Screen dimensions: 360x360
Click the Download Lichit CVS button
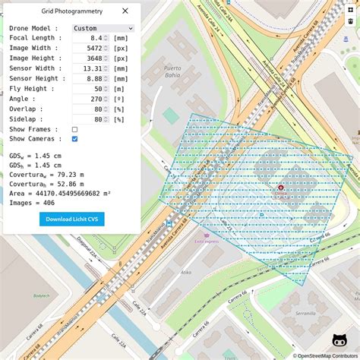(72, 219)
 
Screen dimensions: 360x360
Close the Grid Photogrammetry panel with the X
(125, 11)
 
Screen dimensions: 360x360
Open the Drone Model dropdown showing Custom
(103, 28)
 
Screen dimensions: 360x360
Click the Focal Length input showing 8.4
(90, 37)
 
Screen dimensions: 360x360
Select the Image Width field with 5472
(90, 48)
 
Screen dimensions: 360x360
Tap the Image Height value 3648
(90, 58)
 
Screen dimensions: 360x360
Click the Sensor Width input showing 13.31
(90, 68)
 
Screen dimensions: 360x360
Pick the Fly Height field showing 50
(90, 89)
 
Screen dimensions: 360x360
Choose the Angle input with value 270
(90, 99)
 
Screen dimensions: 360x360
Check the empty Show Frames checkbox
(74, 129)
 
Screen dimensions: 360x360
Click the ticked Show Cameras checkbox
(74, 139)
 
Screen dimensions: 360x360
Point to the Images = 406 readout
(32, 203)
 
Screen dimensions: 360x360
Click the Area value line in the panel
(60, 193)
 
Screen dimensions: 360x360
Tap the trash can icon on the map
(350, 21)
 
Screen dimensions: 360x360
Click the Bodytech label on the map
(42, 295)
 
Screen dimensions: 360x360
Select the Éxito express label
(207, 242)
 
